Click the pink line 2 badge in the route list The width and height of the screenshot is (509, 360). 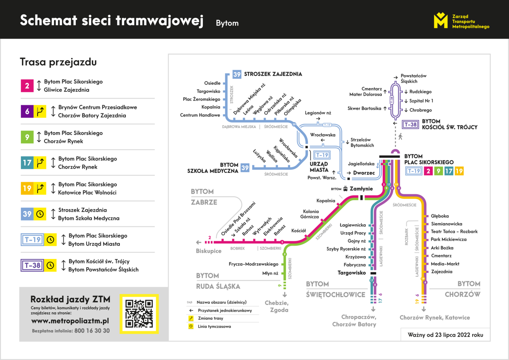click(27, 86)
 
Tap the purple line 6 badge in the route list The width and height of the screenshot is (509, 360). click(27, 111)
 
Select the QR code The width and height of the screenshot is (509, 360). click(139, 314)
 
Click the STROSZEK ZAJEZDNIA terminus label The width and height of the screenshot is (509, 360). click(273, 74)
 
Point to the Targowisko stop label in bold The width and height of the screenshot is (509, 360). click(351, 273)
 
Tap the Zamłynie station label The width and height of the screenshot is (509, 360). click(361, 189)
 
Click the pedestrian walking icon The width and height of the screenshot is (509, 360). click(400, 137)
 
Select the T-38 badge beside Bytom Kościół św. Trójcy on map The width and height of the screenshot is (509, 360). click(410, 124)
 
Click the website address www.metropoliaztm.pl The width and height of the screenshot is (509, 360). click(70, 321)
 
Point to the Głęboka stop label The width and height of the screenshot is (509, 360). click(440, 216)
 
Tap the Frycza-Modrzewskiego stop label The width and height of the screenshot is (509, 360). click(253, 264)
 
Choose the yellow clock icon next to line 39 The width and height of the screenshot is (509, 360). click(40, 214)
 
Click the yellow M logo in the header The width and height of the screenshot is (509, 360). click(441, 20)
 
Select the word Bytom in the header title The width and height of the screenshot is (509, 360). click(227, 23)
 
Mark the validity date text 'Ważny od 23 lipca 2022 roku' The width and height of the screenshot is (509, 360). click(445, 335)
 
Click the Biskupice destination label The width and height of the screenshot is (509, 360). click(209, 251)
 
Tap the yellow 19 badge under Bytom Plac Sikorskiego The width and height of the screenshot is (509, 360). click(459, 171)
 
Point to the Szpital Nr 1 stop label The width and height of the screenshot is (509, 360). click(421, 101)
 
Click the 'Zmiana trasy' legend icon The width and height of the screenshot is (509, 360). click(191, 318)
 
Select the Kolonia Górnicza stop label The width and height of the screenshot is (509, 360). click(310, 214)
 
